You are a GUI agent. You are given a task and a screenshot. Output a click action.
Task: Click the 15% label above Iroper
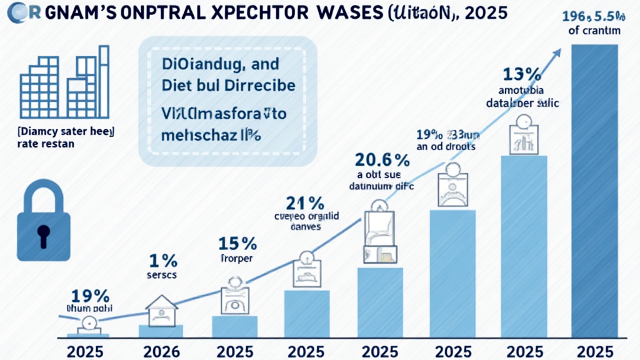(236, 243)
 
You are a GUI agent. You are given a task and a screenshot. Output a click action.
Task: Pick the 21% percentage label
(304, 204)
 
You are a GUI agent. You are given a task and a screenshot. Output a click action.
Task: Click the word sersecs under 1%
(162, 274)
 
